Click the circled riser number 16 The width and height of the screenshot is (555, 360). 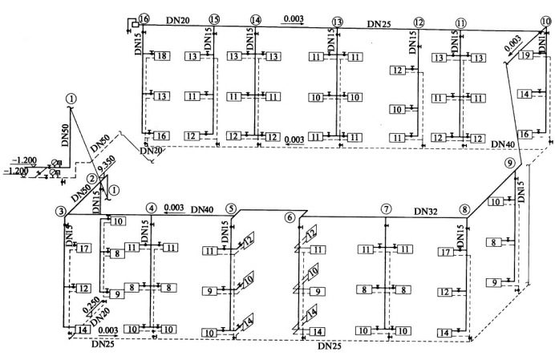coord(144,18)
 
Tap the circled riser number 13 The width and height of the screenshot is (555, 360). coord(338,22)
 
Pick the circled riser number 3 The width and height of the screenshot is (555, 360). coord(59,212)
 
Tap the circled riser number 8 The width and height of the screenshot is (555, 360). coord(464,209)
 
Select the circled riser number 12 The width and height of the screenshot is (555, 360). coord(419,22)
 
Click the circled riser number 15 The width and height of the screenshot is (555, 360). coord(213,18)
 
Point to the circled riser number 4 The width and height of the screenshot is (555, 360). coord(151,208)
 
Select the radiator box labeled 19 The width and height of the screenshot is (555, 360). coord(525,56)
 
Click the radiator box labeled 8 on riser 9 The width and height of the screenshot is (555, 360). coord(496,241)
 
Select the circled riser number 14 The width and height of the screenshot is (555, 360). coord(256,19)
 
